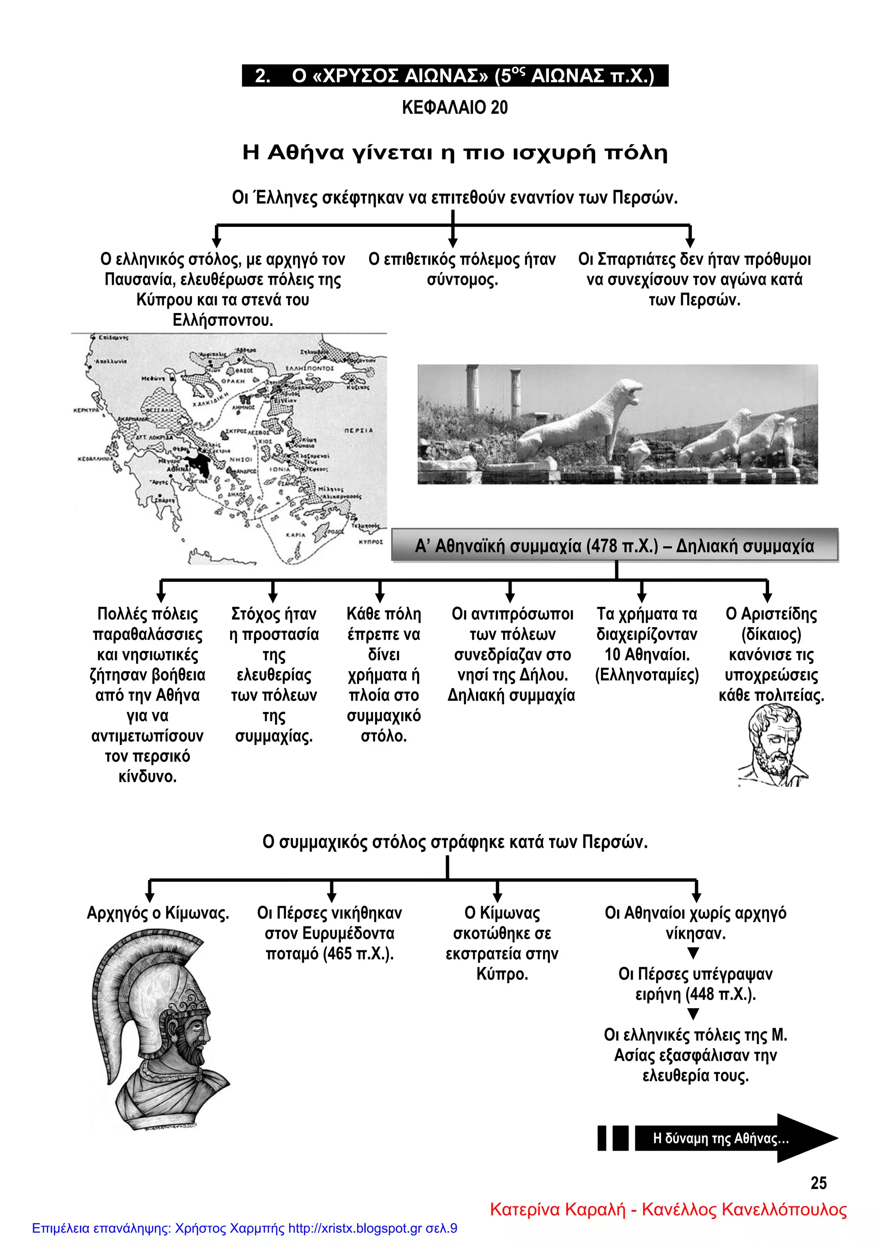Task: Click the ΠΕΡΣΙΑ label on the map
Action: click(358, 431)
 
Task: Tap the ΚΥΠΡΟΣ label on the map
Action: click(371, 542)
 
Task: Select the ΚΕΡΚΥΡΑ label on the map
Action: click(86, 410)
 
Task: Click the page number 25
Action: click(818, 1183)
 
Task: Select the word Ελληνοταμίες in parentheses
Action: click(647, 675)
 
